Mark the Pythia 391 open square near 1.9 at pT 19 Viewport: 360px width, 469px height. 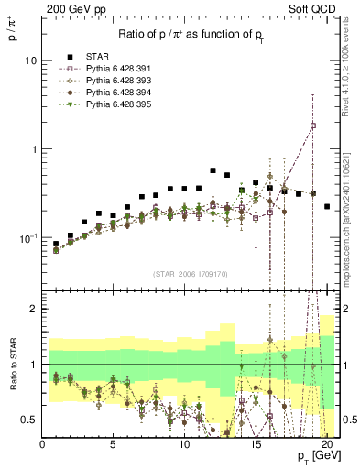313,125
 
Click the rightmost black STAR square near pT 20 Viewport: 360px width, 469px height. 327,207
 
